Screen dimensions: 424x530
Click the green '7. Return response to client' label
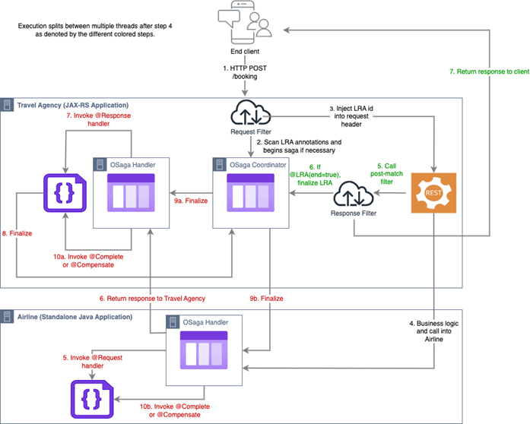coord(487,71)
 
